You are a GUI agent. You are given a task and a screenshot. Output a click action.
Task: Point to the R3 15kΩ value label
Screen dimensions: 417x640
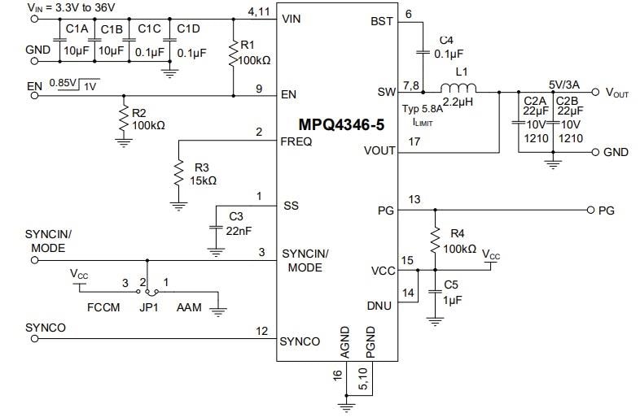[204, 180]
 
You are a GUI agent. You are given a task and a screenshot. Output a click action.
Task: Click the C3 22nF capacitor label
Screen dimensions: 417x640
[236, 224]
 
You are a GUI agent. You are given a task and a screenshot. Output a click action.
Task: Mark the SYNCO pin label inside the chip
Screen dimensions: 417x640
[300, 341]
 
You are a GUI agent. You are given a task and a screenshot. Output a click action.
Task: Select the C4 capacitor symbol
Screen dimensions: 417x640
[423, 52]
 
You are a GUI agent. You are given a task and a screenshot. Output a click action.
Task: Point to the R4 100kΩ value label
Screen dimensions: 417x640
[460, 248]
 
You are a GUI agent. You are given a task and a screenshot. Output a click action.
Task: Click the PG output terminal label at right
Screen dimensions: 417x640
[606, 211]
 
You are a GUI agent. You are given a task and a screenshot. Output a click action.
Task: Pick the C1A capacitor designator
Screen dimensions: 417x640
[77, 29]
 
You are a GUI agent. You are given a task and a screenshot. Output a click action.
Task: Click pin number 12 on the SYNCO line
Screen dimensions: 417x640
[261, 330]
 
